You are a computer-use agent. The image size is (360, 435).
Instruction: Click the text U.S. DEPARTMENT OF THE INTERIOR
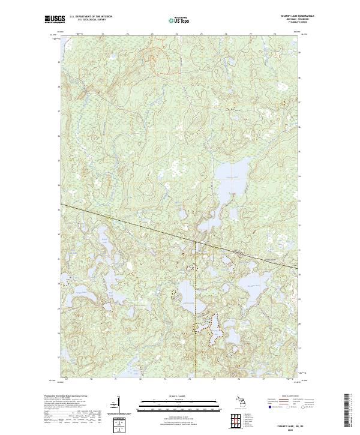(x=91, y=17)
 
